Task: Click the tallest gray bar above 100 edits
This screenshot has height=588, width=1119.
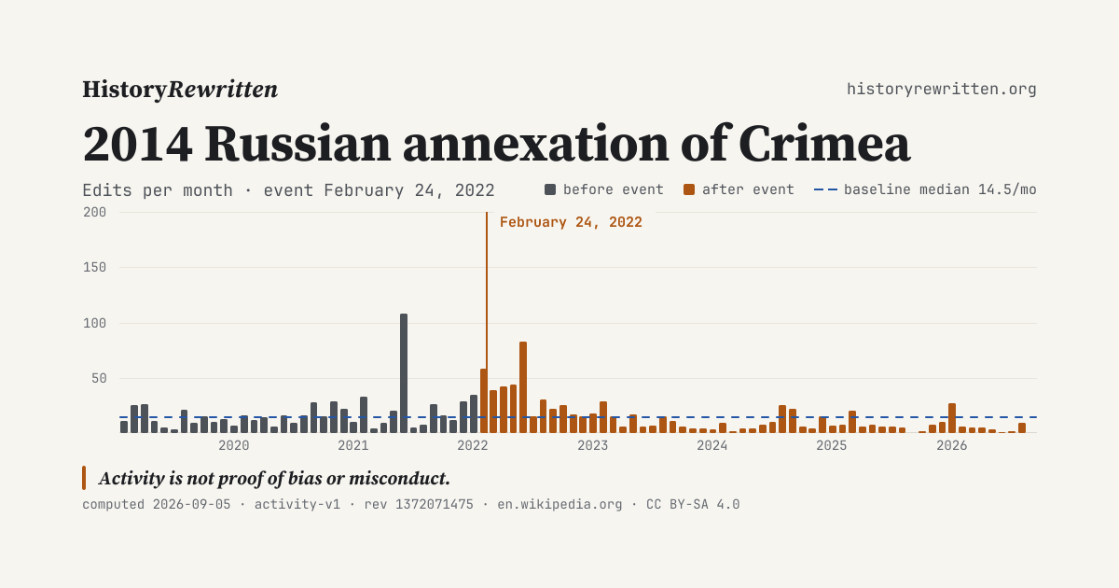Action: pyautogui.click(x=404, y=373)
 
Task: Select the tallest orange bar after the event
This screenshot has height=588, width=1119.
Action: pyautogui.click(x=523, y=387)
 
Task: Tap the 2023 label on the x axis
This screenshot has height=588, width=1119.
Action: pyautogui.click(x=592, y=445)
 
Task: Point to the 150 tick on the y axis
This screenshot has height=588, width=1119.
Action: pyautogui.click(x=95, y=268)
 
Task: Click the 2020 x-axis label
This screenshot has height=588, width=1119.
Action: pyautogui.click(x=234, y=445)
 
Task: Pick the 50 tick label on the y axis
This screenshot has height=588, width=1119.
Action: pyautogui.click(x=99, y=379)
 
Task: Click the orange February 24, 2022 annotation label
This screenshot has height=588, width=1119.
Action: pyautogui.click(x=571, y=222)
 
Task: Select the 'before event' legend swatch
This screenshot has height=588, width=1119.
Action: pyautogui.click(x=550, y=189)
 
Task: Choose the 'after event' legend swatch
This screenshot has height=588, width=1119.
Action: pyautogui.click(x=689, y=189)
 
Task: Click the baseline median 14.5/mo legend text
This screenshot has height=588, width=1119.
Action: pyautogui.click(x=940, y=190)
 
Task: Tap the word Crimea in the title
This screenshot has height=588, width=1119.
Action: pyautogui.click(x=824, y=144)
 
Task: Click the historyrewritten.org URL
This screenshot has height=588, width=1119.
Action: pyautogui.click(x=942, y=89)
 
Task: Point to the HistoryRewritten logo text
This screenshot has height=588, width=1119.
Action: pyautogui.click(x=180, y=90)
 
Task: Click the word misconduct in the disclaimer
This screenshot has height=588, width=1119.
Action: pyautogui.click(x=399, y=479)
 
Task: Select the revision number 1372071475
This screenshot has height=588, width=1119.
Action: pyautogui.click(x=435, y=505)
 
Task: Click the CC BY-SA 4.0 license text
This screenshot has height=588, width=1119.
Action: pyautogui.click(x=693, y=505)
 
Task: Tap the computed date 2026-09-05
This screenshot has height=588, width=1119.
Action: pyautogui.click(x=191, y=505)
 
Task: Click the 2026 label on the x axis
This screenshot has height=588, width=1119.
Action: pyautogui.click(x=952, y=445)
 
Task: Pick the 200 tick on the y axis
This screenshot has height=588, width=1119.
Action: pyautogui.click(x=95, y=213)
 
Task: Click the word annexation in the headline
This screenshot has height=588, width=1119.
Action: pyautogui.click(x=535, y=144)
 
